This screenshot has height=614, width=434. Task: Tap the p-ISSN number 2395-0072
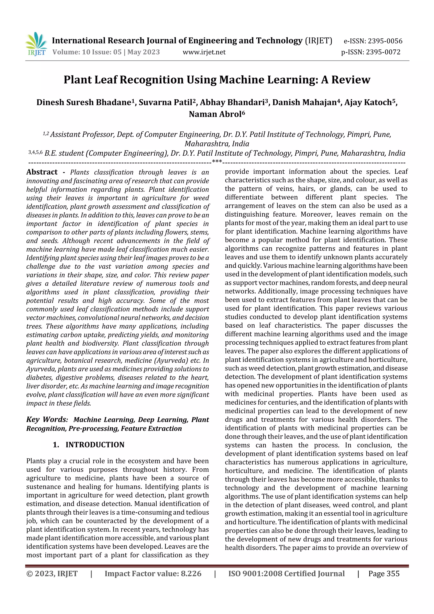point(383,52)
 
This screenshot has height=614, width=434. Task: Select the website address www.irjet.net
point(204,52)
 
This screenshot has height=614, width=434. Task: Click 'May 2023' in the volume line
point(144,52)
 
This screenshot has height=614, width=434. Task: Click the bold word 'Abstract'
point(42,172)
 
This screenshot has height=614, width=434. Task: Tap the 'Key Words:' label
point(47,419)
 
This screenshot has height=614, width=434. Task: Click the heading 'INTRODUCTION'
point(95,445)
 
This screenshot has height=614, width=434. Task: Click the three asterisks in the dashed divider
point(217,162)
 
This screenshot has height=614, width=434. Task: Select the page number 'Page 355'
point(384,574)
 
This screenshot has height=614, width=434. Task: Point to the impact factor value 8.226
point(191,574)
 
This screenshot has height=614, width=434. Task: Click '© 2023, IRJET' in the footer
point(52,574)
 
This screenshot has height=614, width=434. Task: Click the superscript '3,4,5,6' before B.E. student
point(35,152)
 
